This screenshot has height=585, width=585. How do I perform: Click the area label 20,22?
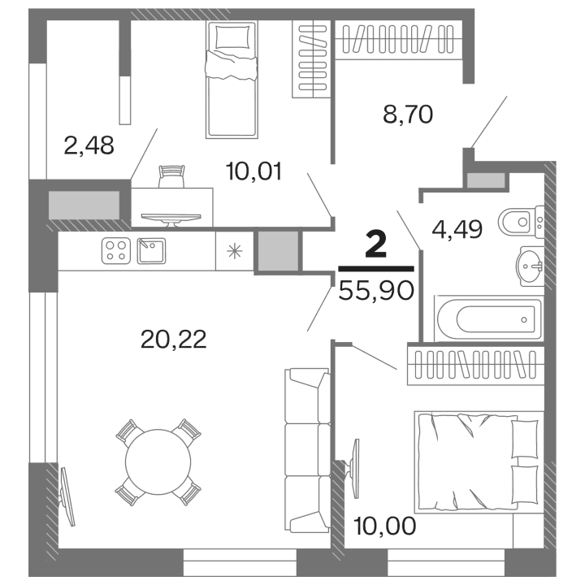tap(173, 340)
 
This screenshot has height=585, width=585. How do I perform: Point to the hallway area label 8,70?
tap(408, 114)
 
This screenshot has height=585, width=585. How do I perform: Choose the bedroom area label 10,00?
tap(385, 525)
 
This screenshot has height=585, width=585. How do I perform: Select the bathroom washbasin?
tap(530, 266)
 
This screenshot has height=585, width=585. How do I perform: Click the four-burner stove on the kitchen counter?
tap(115, 250)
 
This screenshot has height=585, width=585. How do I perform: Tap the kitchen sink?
tap(152, 250)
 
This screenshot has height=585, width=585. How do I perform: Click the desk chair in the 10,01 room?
tap(171, 175)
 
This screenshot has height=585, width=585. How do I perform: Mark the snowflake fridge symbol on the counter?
tap(235, 250)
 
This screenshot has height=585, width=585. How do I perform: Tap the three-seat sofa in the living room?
tap(307, 447)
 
